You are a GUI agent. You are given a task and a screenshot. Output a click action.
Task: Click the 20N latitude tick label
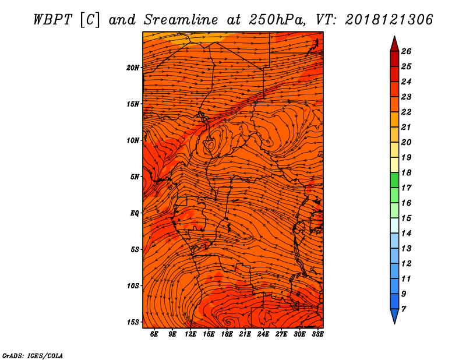(133, 68)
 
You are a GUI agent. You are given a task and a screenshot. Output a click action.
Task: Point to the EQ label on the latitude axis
(135, 213)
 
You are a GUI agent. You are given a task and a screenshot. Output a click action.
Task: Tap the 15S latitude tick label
(133, 322)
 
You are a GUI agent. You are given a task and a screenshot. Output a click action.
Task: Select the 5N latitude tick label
(135, 177)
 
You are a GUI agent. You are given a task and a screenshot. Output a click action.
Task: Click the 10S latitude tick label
(133, 286)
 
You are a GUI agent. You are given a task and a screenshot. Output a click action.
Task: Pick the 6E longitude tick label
(154, 334)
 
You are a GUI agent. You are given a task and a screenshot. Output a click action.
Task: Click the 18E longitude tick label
(227, 334)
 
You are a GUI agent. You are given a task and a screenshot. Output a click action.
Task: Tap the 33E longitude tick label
(317, 334)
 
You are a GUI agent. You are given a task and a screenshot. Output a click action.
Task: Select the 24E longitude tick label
(263, 334)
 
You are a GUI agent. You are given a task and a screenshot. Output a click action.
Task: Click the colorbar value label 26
(406, 51)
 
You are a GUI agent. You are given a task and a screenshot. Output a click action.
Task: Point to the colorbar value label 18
(406, 172)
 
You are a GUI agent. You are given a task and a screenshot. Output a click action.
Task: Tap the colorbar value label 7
(403, 309)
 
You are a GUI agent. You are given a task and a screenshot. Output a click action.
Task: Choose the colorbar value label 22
(406, 112)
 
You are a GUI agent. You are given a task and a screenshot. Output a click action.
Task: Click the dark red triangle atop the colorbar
(394, 45)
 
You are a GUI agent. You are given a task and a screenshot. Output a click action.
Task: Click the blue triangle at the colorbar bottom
(394, 316)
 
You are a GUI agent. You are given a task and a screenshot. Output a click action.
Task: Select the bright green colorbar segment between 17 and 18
(394, 180)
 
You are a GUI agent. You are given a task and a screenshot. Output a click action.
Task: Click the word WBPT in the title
(52, 20)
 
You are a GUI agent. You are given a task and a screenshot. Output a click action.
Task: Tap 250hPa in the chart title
(277, 20)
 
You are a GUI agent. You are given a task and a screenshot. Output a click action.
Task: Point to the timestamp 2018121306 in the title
(389, 20)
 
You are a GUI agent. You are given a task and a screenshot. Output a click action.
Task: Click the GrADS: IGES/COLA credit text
(33, 355)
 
